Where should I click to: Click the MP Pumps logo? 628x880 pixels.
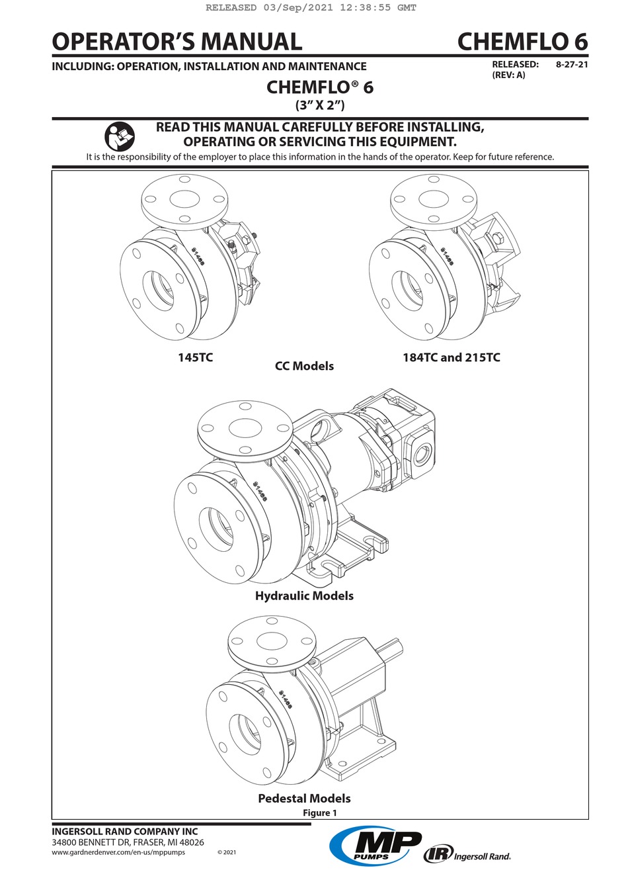pyautogui.click(x=375, y=846)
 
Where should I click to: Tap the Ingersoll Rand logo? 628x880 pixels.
pyautogui.click(x=467, y=855)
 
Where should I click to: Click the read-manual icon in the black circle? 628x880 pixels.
pyautogui.click(x=119, y=137)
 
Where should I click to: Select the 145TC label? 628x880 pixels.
pyautogui.click(x=195, y=357)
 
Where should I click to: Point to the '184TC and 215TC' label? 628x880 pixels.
pyautogui.click(x=451, y=357)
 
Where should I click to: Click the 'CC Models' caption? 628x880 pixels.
pyautogui.click(x=304, y=366)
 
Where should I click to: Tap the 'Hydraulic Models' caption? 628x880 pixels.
pyautogui.click(x=304, y=595)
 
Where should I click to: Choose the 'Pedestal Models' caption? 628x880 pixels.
pyautogui.click(x=304, y=798)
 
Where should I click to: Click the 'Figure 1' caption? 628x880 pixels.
pyautogui.click(x=320, y=813)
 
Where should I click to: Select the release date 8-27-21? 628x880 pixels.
pyautogui.click(x=572, y=65)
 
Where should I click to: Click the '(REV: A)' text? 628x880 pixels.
pyautogui.click(x=508, y=75)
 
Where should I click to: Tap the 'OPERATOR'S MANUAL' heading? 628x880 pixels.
pyautogui.click(x=177, y=42)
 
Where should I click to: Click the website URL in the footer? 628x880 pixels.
pyautogui.click(x=118, y=852)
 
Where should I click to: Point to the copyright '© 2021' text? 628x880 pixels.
pyautogui.click(x=226, y=852)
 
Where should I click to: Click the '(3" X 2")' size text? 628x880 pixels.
pyautogui.click(x=320, y=105)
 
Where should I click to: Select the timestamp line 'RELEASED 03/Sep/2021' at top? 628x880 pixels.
pyautogui.click(x=311, y=8)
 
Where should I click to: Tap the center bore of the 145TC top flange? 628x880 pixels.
pyautogui.click(x=184, y=198)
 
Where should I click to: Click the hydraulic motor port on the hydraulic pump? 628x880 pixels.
pyautogui.click(x=421, y=455)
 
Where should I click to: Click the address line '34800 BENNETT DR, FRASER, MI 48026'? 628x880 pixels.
pyautogui.click(x=128, y=842)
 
